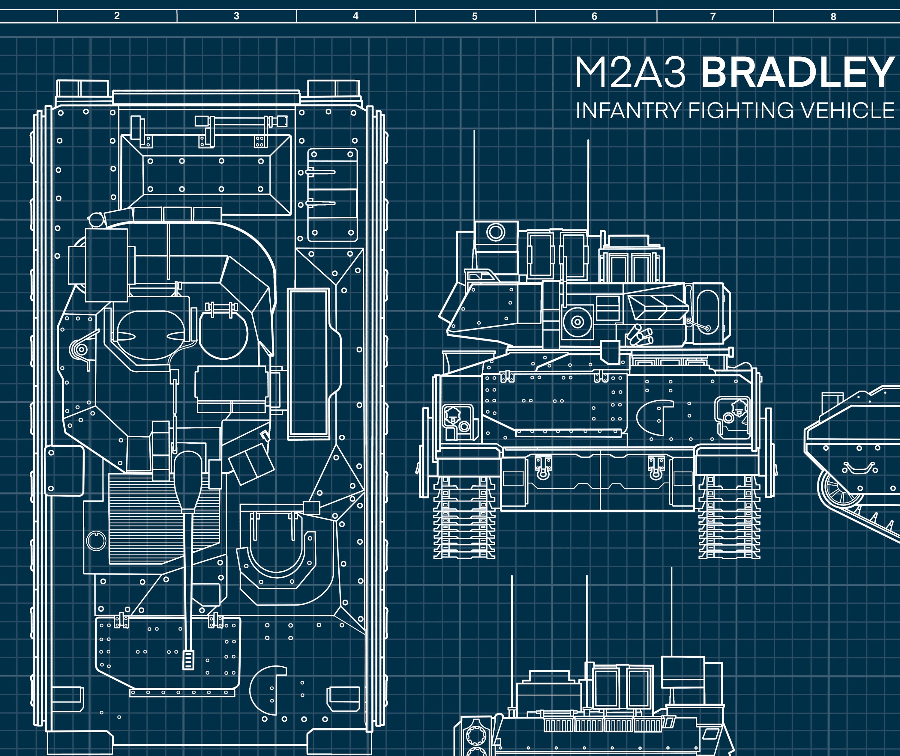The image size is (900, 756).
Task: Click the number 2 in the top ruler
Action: click(x=117, y=16)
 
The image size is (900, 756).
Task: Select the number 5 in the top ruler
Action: click(x=475, y=16)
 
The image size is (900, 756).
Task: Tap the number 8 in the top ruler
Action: click(x=833, y=17)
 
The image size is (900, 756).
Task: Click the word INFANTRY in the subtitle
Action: click(x=628, y=111)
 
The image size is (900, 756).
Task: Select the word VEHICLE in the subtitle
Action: click(x=848, y=111)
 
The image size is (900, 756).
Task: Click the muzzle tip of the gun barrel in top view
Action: click(x=188, y=660)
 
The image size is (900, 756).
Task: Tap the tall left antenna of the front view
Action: click(x=474, y=180)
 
